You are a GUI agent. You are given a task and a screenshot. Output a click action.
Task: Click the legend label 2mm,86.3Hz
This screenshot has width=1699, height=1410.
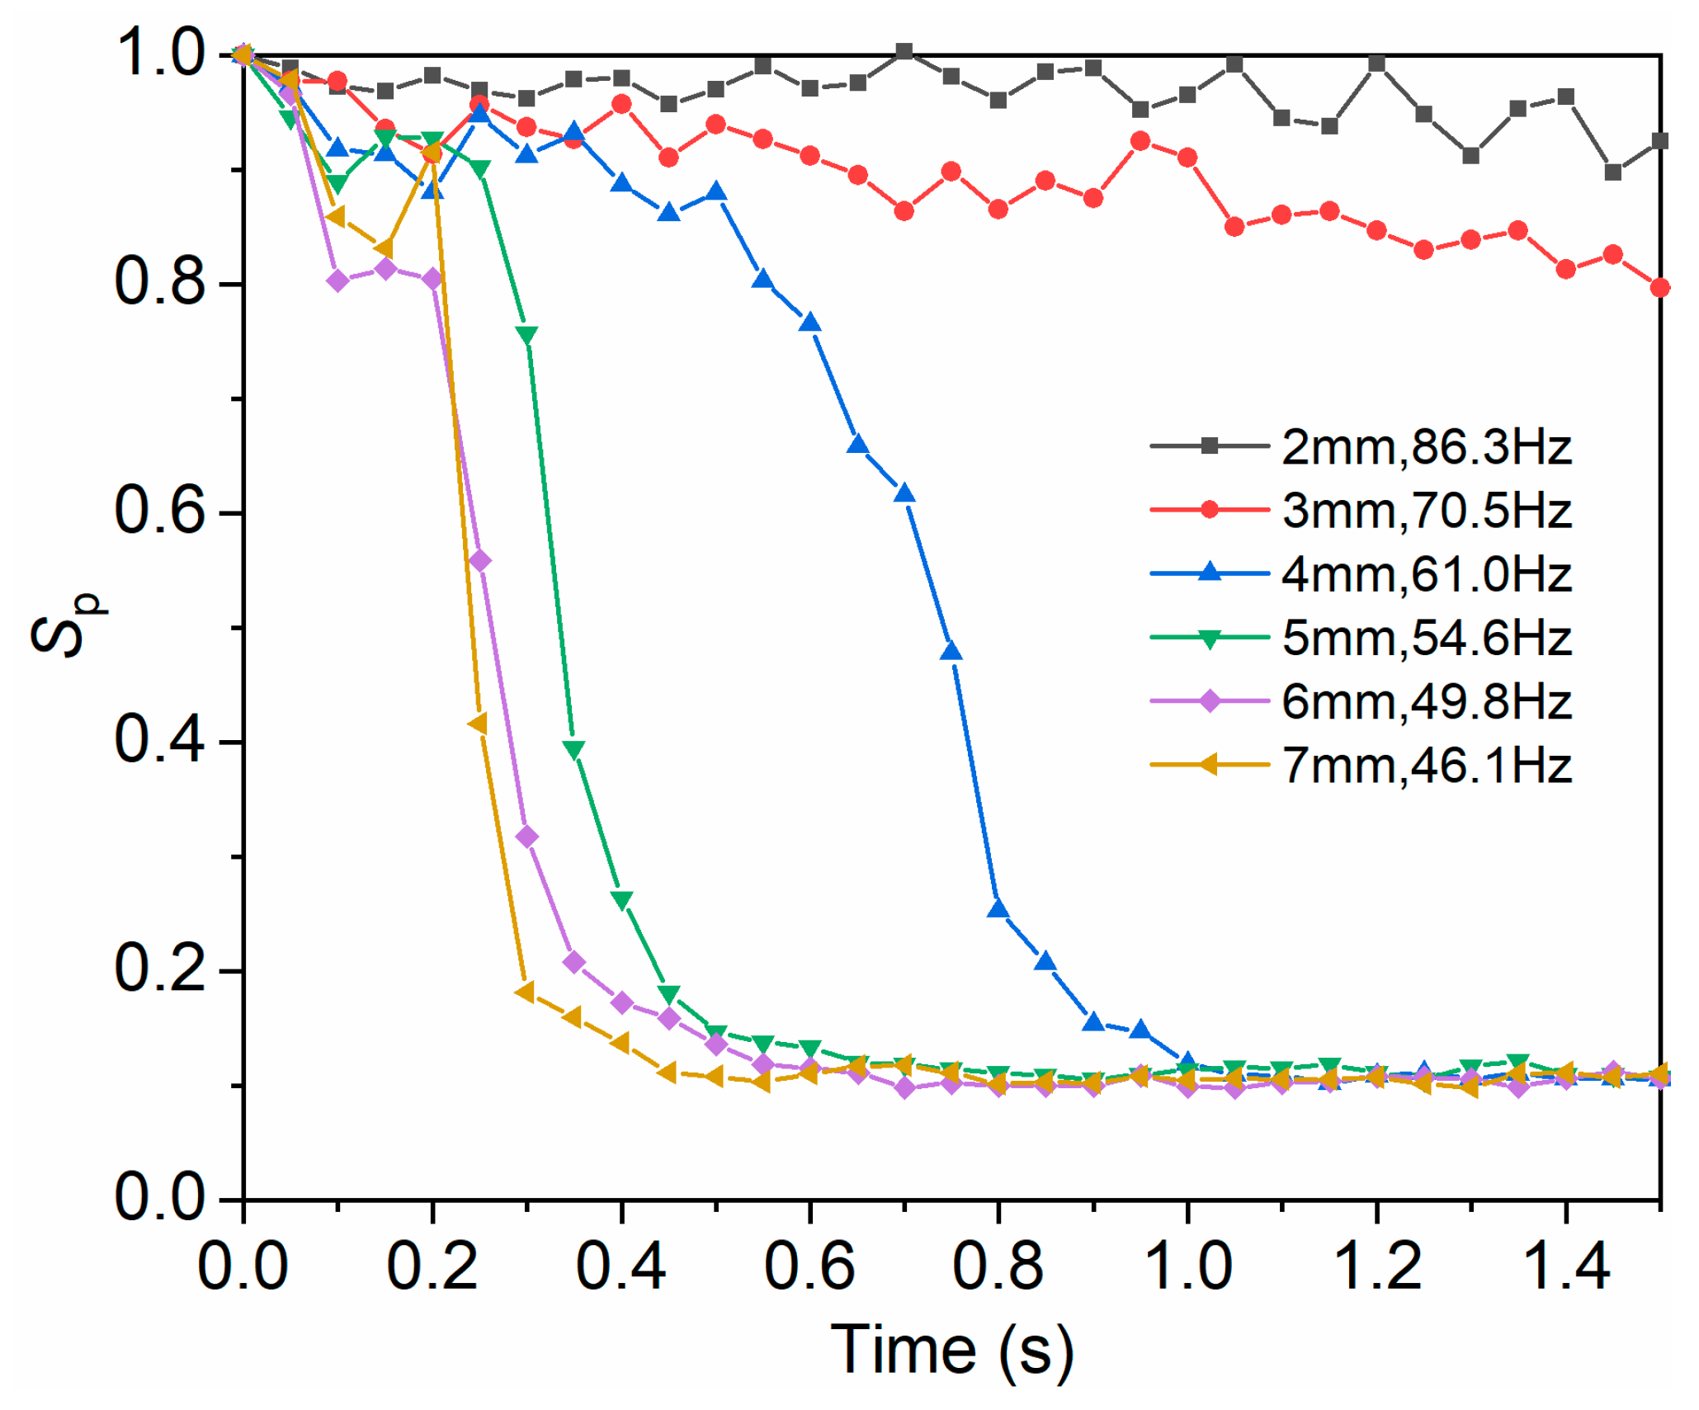pos(1427,447)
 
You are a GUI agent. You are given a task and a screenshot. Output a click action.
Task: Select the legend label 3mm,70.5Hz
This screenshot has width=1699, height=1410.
pos(1427,511)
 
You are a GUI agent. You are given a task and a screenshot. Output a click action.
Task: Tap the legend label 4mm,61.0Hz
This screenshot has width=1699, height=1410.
pos(1427,574)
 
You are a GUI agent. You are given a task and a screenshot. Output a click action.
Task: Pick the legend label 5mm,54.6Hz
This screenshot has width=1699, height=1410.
pos(1427,638)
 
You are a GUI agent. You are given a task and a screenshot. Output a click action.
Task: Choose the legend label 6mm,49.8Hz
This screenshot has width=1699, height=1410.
pos(1427,702)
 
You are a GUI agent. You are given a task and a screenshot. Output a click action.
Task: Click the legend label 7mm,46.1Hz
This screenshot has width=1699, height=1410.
pos(1427,766)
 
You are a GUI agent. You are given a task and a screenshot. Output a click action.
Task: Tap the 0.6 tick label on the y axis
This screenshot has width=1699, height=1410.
pos(159,512)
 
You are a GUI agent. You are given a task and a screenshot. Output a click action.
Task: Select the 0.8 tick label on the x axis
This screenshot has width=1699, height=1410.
pos(998,1266)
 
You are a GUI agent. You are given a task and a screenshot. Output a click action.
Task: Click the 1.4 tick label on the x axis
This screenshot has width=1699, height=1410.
pos(1564,1266)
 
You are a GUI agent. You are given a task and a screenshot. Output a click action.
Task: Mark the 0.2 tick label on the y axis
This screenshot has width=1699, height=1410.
pos(159,969)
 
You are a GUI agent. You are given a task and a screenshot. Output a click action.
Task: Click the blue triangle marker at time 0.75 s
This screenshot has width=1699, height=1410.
pos(951,651)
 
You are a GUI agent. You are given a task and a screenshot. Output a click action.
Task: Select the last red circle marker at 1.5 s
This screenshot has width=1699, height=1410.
pos(1659,288)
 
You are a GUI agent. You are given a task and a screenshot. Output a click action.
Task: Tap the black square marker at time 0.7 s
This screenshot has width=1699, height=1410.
pos(904,52)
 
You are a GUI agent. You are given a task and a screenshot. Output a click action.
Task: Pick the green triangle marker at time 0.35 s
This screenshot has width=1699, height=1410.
pos(574,749)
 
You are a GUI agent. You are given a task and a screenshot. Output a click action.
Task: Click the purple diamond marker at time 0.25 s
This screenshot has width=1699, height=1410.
pos(480,561)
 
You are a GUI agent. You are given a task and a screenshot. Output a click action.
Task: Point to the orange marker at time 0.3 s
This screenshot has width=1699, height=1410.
pos(526,991)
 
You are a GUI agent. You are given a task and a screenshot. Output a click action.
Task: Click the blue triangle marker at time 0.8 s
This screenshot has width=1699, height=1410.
pos(998,908)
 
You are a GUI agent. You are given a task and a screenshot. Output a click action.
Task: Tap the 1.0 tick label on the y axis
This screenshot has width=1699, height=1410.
pos(159,54)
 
